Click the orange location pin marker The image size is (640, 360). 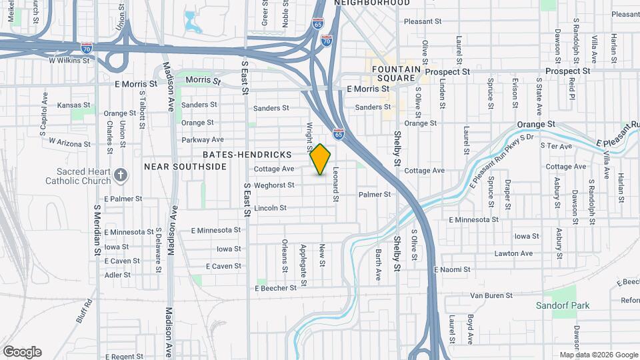click(321, 159)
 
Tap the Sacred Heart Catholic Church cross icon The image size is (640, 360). click(121, 175)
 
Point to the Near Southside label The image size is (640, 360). click(185, 166)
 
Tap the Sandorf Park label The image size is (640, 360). click(563, 305)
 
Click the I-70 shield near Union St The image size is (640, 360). click(87, 48)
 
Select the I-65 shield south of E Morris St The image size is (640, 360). click(339, 134)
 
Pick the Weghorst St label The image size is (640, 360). click(274, 185)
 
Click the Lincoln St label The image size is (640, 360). click(269, 208)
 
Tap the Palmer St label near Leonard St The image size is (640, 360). click(374, 195)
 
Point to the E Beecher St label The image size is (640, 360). click(275, 288)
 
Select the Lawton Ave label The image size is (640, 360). click(513, 253)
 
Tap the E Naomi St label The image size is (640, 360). click(452, 269)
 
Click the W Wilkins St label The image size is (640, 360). click(69, 60)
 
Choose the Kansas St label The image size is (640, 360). click(73, 105)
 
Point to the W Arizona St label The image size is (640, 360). click(69, 143)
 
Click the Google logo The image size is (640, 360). click(22, 352)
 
